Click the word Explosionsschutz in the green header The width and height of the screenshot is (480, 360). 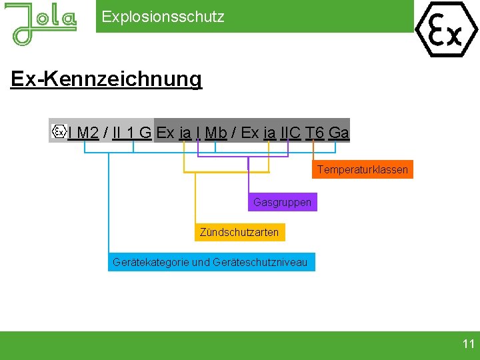[163, 17]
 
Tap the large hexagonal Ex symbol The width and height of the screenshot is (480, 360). [447, 29]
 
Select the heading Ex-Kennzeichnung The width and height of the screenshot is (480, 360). [106, 79]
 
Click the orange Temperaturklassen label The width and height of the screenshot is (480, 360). [363, 169]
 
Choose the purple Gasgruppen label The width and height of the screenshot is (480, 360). [282, 201]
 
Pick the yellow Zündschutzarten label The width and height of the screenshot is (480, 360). [239, 232]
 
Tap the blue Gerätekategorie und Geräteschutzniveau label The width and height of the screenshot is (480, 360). [210, 262]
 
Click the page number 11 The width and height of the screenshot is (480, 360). [468, 344]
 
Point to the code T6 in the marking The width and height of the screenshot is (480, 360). [315, 133]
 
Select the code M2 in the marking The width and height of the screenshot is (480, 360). [88, 133]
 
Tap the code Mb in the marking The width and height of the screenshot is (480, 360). [216, 133]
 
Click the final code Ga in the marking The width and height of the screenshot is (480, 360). [339, 133]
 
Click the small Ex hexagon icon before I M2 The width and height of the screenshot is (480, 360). [59, 131]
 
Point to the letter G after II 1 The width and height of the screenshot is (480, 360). [145, 133]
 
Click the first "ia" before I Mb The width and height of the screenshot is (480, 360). [185, 133]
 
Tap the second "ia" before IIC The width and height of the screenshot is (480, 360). [269, 133]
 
